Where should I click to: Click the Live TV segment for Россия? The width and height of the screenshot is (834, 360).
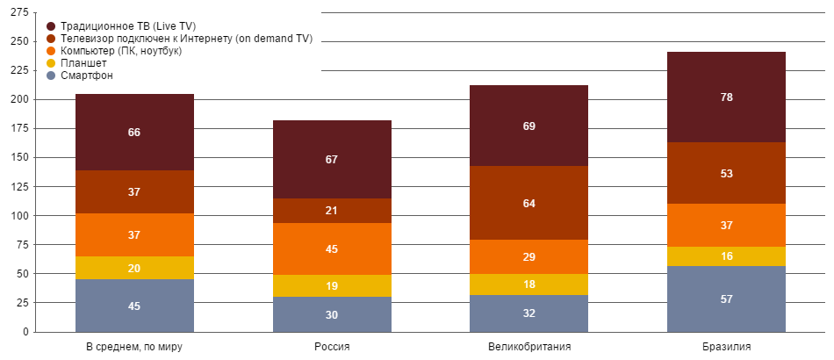pyautogui.click(x=332, y=160)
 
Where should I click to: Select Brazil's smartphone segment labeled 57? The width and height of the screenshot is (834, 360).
pyautogui.click(x=726, y=299)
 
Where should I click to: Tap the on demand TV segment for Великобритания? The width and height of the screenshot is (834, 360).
pyautogui.click(x=529, y=204)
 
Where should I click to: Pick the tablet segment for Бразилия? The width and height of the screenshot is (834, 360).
pyautogui.click(x=726, y=256)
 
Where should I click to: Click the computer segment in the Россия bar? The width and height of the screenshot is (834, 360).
pyautogui.click(x=332, y=249)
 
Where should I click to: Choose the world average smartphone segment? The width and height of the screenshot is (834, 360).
pyautogui.click(x=134, y=306)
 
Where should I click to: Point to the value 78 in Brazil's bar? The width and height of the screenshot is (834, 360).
pyautogui.click(x=726, y=97)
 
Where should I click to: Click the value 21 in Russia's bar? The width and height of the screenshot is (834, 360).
pyautogui.click(x=332, y=211)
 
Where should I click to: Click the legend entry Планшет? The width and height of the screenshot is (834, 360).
pyautogui.click(x=84, y=64)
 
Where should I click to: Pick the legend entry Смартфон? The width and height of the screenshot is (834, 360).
pyautogui.click(x=87, y=76)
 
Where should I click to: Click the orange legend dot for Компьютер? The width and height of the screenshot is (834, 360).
pyautogui.click(x=51, y=52)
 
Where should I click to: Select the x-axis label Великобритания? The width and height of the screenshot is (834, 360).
pyautogui.click(x=529, y=347)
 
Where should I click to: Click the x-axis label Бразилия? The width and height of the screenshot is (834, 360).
pyautogui.click(x=726, y=347)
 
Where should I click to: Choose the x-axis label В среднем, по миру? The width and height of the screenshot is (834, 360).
pyautogui.click(x=134, y=347)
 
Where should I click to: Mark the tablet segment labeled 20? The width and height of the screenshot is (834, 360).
pyautogui.click(x=134, y=269)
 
